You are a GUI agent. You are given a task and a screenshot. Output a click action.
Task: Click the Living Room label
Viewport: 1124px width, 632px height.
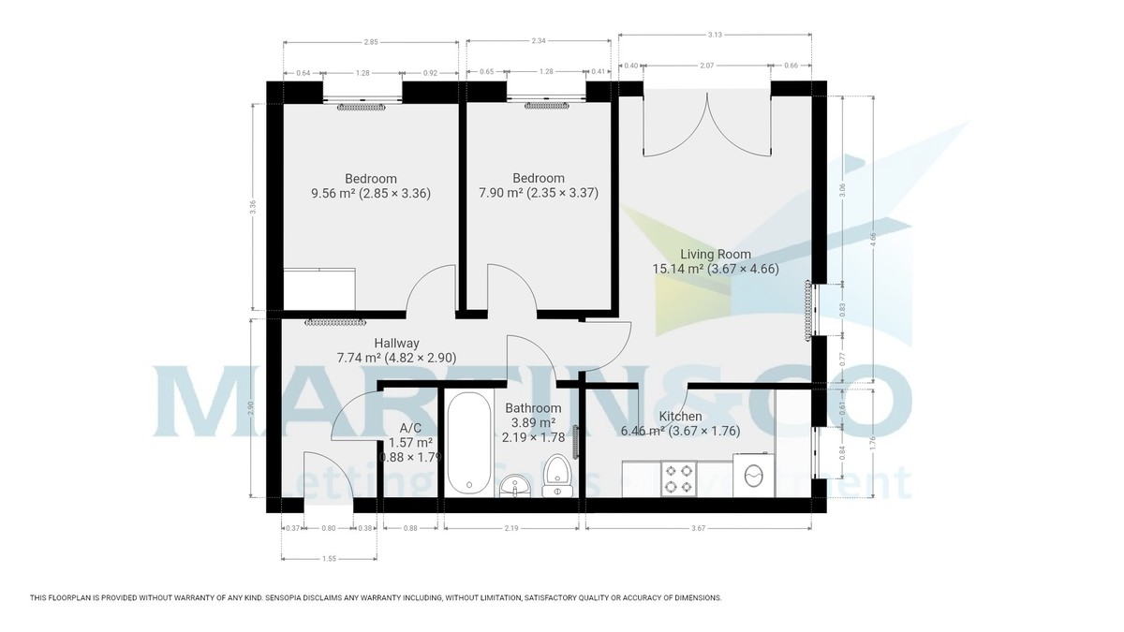pyautogui.click(x=716, y=254)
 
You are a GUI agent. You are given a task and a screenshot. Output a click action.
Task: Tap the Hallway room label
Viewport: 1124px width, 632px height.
pyautogui.click(x=396, y=343)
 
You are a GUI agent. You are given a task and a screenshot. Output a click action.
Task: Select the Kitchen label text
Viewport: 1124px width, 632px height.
pyautogui.click(x=680, y=417)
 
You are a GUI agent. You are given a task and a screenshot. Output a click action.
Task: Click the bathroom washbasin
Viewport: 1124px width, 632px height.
pyautogui.click(x=513, y=485)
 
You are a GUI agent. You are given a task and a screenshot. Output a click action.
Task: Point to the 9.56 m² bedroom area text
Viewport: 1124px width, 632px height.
pyautogui.click(x=370, y=194)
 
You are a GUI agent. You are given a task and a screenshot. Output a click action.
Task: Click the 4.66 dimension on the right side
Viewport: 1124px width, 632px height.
pyautogui.click(x=873, y=239)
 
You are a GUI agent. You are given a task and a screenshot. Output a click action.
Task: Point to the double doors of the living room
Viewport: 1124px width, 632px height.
pyautogui.click(x=708, y=126)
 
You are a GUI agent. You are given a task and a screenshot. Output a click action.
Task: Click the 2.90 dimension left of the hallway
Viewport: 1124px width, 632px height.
pyautogui.click(x=251, y=408)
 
